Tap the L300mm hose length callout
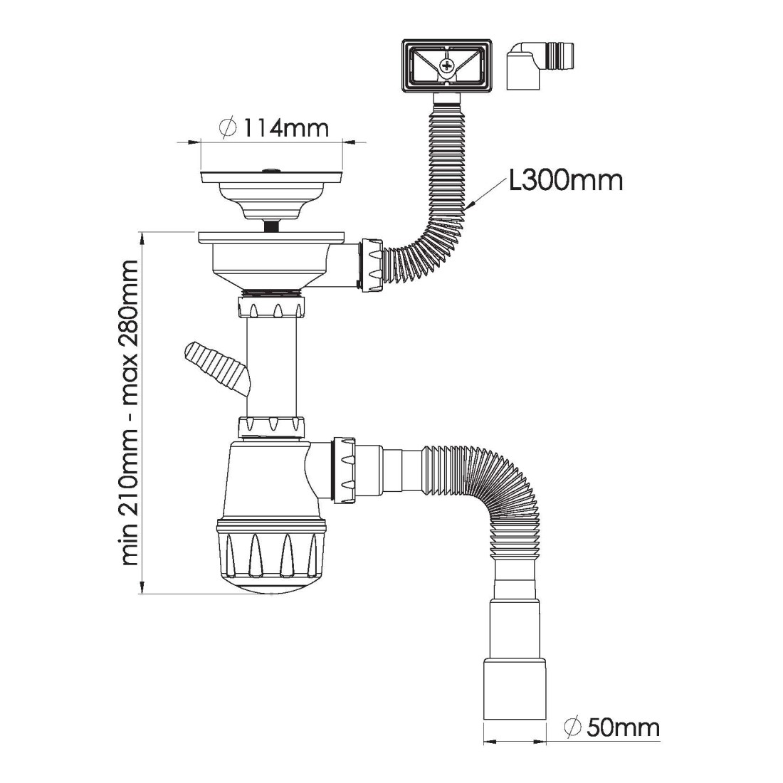click(x=566, y=180)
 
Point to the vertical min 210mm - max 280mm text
click(x=130, y=413)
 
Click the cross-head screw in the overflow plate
click(x=447, y=68)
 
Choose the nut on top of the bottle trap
click(x=271, y=426)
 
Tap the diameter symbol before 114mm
click(x=228, y=128)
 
